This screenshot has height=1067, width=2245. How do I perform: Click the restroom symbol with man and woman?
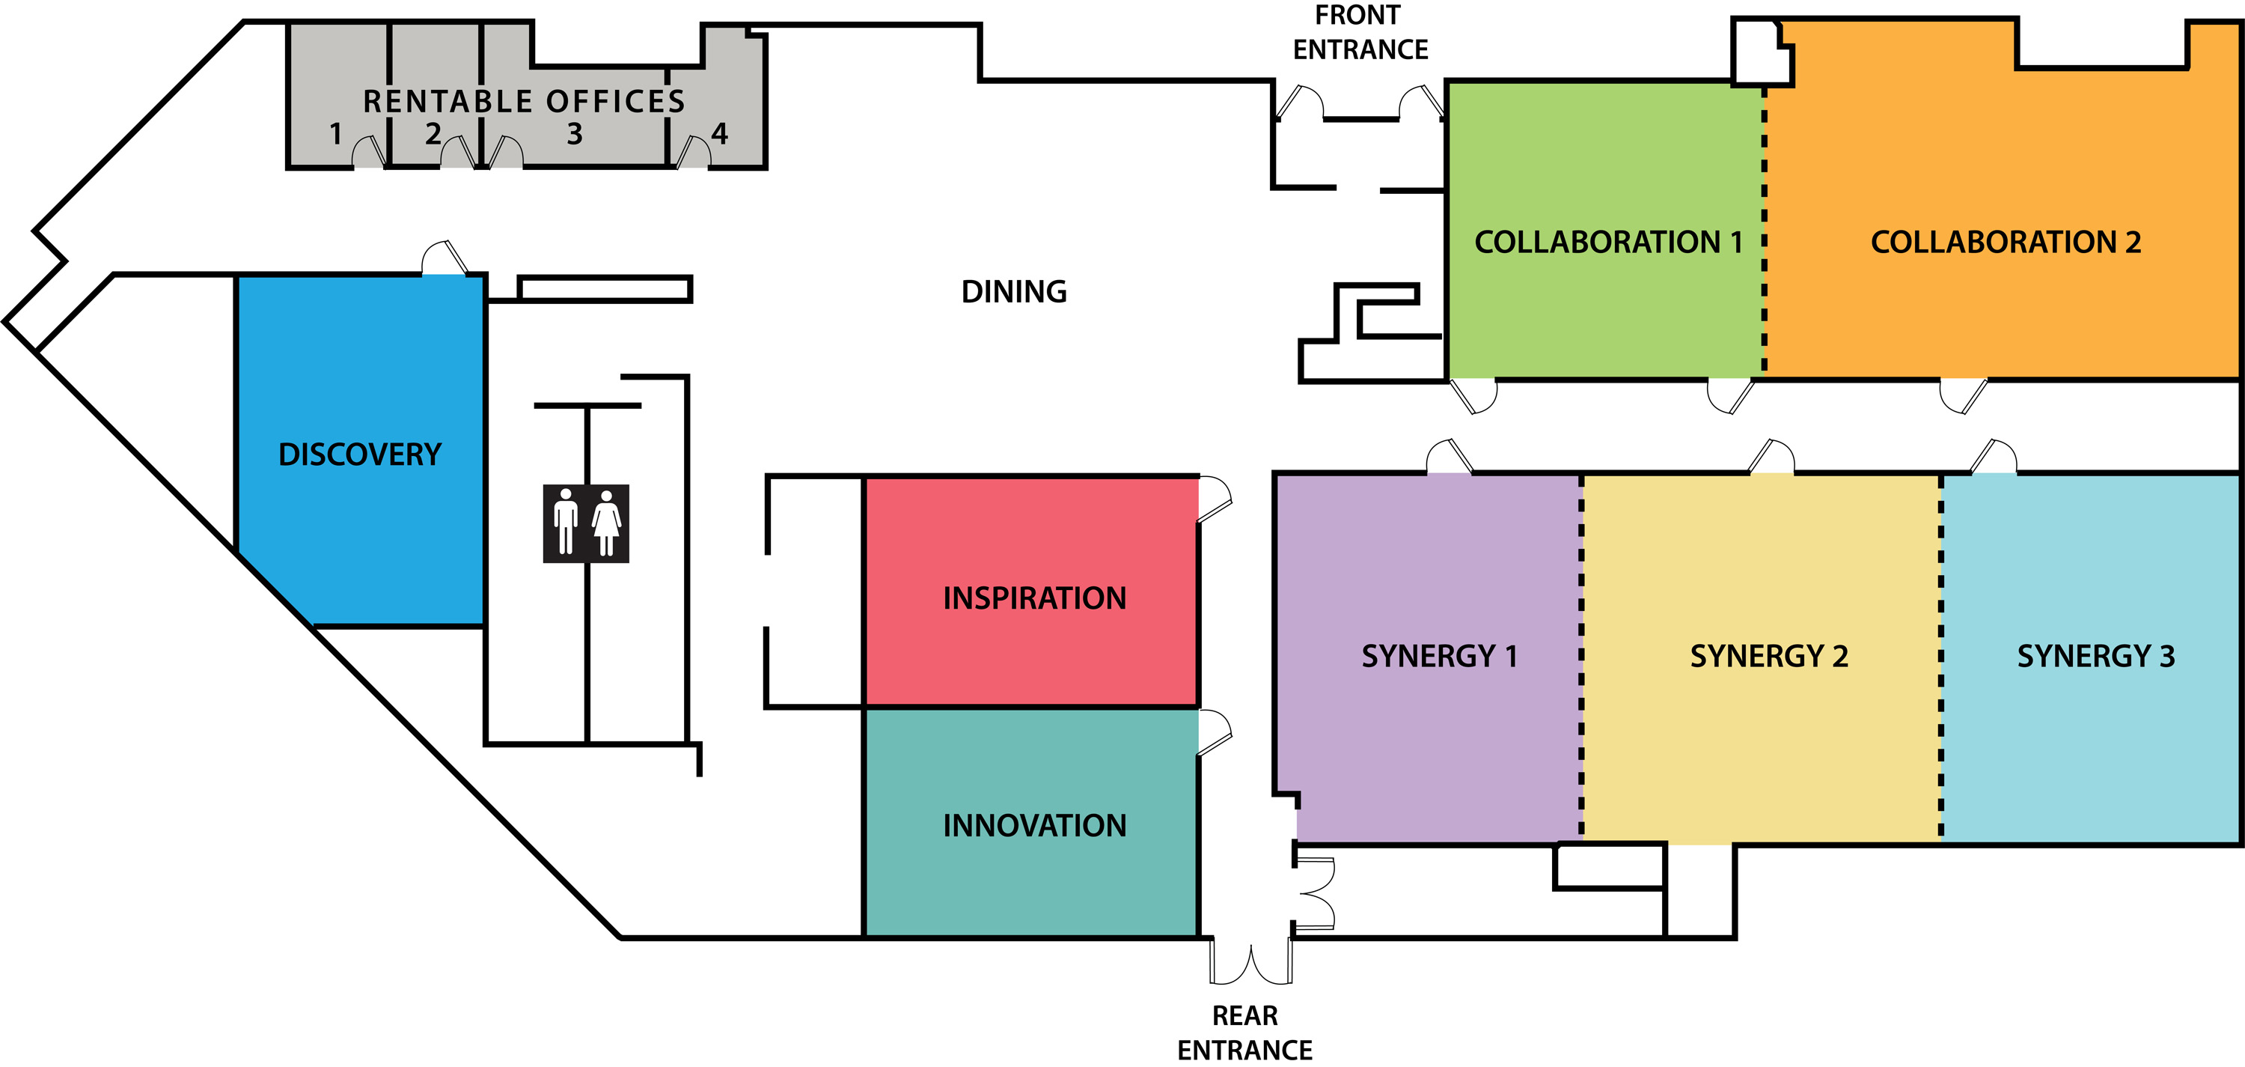point(586,523)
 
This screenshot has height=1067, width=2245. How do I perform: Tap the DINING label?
point(1013,291)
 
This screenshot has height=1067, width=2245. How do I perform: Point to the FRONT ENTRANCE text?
point(1360,32)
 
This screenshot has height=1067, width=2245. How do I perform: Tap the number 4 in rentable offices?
point(719,133)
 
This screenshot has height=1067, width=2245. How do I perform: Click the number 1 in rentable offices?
point(335,134)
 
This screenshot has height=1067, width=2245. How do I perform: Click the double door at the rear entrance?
point(1250,963)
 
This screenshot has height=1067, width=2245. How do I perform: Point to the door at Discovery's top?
point(445,259)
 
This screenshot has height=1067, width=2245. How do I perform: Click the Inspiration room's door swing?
point(1215,499)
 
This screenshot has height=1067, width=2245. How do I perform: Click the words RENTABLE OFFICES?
point(524,101)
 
